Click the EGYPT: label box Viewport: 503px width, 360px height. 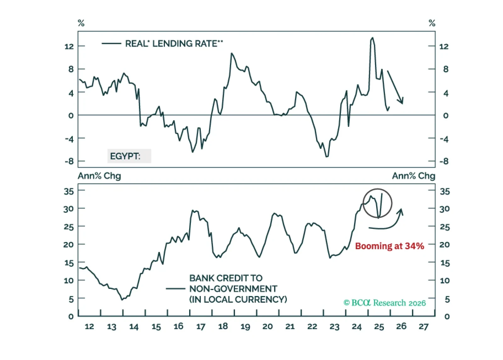point(129,156)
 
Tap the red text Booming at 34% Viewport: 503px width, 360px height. point(389,246)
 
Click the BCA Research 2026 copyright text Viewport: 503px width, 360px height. point(384,303)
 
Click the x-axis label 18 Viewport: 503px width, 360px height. point(223,326)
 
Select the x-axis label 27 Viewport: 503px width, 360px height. point(423,327)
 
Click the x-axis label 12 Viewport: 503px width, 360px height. point(89,327)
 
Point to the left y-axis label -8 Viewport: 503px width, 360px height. point(69,161)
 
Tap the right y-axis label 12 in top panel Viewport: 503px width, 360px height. point(444,47)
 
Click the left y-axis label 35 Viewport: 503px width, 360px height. point(69,191)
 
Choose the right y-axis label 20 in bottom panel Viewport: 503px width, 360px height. point(444,245)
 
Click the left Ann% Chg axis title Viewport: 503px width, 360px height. point(99,176)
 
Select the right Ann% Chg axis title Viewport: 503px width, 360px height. point(413,176)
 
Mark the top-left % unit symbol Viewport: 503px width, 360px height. point(81,23)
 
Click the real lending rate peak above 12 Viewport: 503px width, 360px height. point(372,38)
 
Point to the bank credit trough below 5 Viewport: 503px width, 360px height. point(122,300)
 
